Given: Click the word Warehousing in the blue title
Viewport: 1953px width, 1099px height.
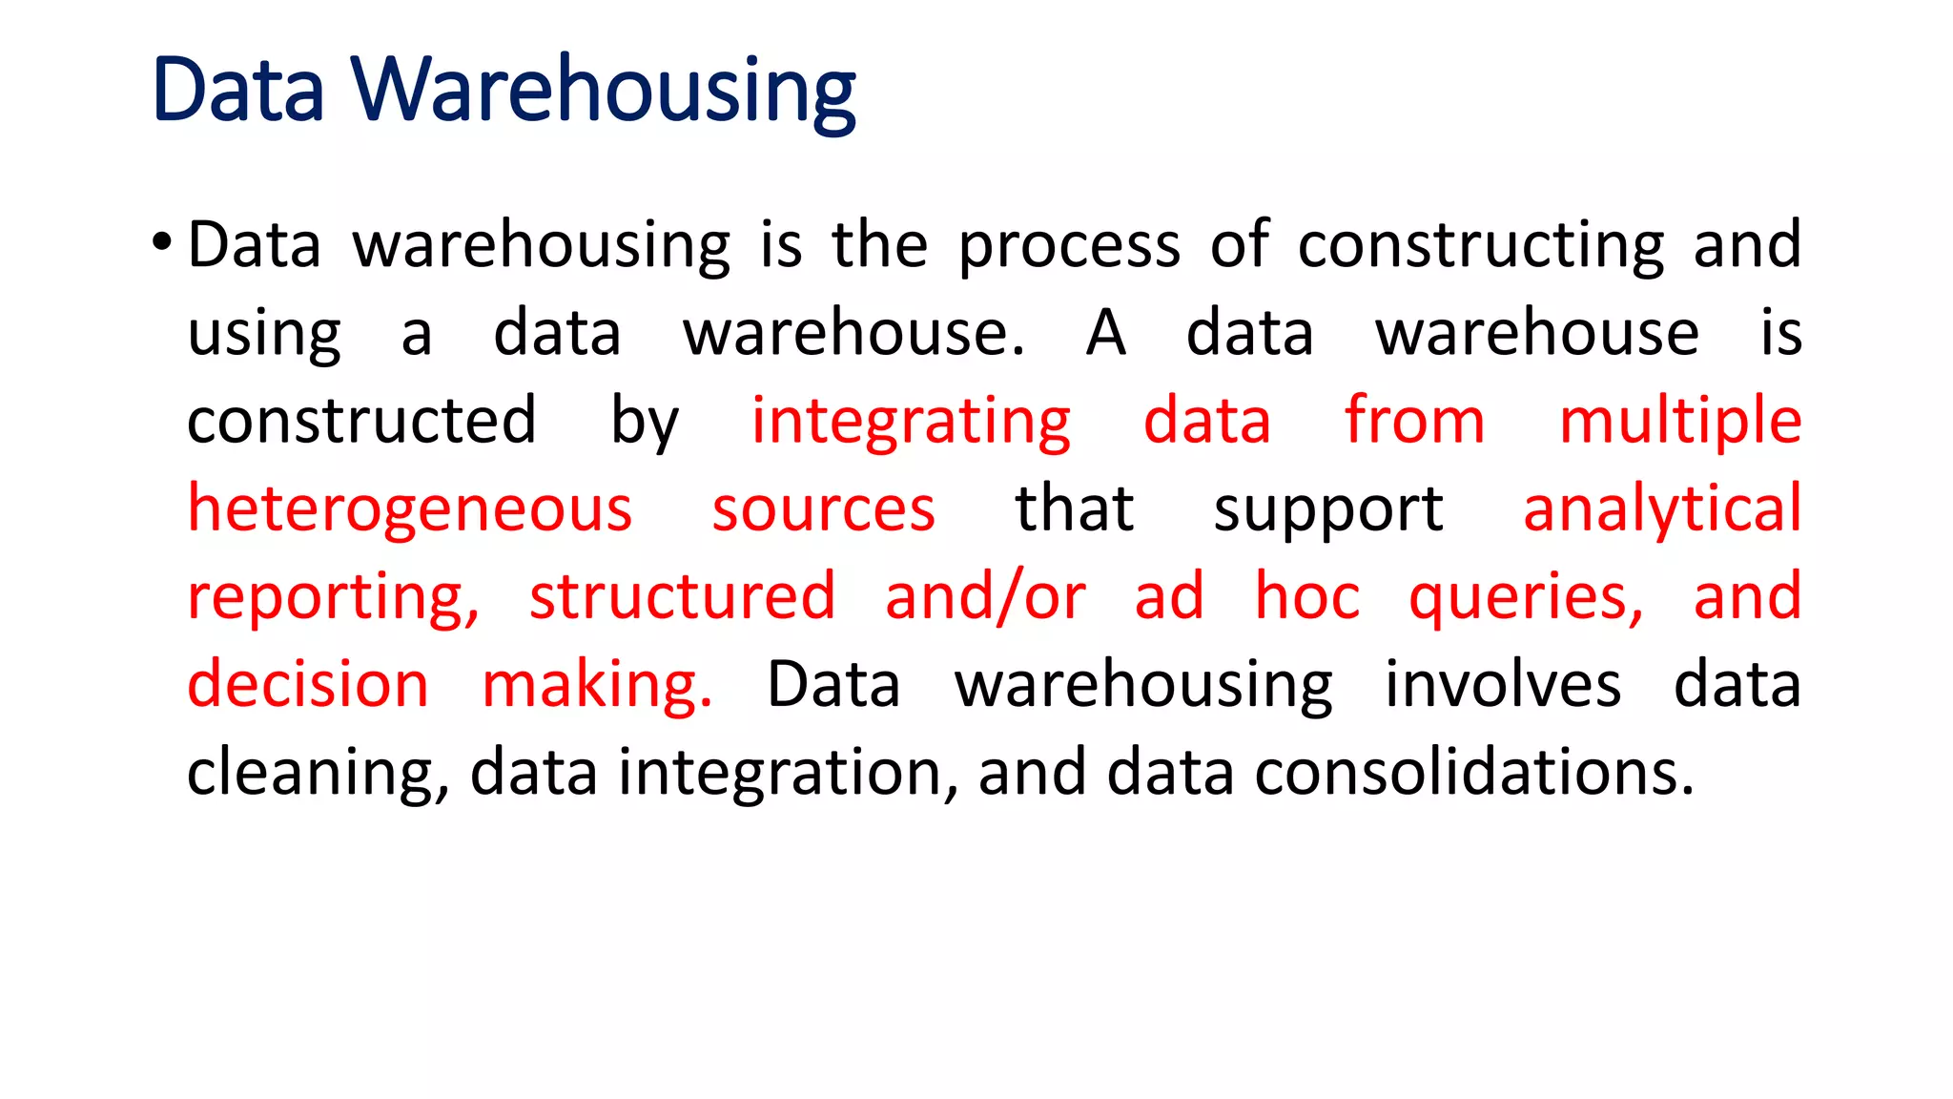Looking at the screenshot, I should [603, 91].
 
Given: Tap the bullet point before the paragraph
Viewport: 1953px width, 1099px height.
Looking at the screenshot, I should [161, 242].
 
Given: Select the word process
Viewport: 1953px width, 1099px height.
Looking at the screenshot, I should [1068, 246].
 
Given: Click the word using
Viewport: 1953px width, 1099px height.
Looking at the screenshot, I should [263, 335].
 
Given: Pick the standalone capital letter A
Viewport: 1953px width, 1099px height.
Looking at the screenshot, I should [1105, 333].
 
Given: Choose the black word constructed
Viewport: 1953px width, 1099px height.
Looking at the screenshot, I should [361, 421].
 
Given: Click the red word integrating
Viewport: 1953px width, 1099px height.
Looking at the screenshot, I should [911, 423].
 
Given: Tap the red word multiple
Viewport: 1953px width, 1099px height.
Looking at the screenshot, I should [1679, 423].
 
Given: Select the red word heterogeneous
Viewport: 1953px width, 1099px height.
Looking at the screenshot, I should [409, 509].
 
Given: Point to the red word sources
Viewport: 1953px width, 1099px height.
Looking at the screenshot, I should [823, 509].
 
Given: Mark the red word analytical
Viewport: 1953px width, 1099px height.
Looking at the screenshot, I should [1661, 509].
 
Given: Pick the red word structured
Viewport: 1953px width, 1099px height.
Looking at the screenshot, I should [682, 597].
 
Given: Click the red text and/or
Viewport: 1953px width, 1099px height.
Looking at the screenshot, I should [984, 597].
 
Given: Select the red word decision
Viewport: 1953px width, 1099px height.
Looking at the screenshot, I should [308, 685].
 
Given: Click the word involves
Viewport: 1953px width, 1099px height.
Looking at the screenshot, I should [1502, 685].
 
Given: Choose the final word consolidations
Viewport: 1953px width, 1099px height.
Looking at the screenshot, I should [1473, 772].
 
